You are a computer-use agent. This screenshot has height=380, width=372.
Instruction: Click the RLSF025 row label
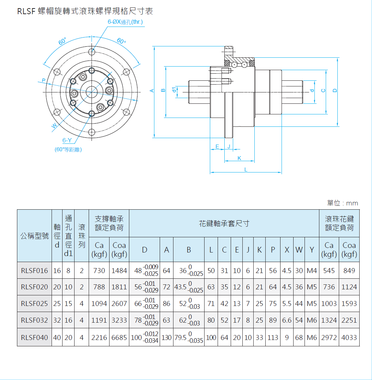(x=34, y=304)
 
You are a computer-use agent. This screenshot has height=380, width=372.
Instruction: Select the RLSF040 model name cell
(x=34, y=338)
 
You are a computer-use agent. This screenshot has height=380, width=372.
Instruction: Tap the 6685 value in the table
(x=119, y=338)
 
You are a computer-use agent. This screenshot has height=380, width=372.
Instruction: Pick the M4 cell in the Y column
(x=312, y=271)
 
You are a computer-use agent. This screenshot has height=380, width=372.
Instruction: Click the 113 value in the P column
(x=273, y=338)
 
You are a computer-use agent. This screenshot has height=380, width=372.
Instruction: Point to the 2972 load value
(x=329, y=338)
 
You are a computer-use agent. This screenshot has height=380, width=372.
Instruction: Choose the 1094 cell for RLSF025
(x=99, y=304)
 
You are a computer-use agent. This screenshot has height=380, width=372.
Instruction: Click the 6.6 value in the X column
(x=287, y=320)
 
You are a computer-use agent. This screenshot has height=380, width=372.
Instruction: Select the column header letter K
(x=259, y=250)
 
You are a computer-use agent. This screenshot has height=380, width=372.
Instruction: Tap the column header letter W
(x=299, y=250)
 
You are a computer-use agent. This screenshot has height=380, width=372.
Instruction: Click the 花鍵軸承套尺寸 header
(x=224, y=223)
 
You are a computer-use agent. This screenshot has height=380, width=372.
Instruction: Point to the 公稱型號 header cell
(x=34, y=236)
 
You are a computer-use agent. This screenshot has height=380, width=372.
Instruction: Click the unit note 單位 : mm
(x=342, y=203)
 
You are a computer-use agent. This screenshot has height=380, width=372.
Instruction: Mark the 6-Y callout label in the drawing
(x=67, y=140)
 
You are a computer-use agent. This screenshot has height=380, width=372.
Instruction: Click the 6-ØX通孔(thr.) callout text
(x=125, y=22)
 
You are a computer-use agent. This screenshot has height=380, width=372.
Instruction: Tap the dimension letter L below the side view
(x=246, y=170)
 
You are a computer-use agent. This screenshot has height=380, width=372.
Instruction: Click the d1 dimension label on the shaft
(x=174, y=90)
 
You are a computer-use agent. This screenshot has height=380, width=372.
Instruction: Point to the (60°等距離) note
(x=68, y=150)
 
